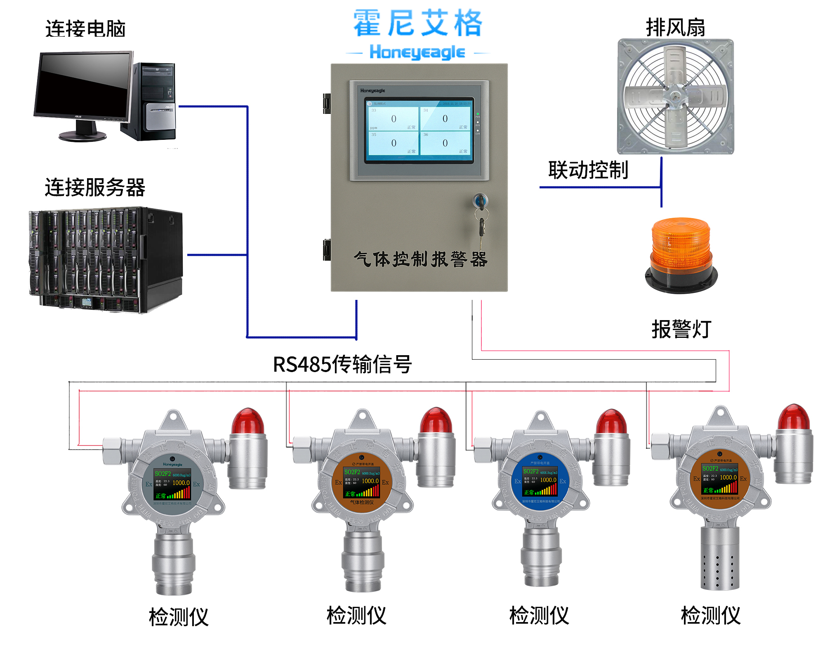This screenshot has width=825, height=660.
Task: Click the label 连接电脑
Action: pos(85,29)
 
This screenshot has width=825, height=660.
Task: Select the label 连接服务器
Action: pos(95,188)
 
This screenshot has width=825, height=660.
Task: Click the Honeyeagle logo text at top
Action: pos(417,52)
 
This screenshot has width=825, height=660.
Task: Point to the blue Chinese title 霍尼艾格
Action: pos(417,24)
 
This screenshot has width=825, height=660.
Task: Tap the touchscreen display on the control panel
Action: pos(419,130)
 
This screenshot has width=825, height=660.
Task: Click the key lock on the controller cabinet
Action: pos(480,202)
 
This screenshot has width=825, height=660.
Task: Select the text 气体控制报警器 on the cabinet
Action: pos(420,259)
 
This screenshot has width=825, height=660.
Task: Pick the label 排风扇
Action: pos(675,28)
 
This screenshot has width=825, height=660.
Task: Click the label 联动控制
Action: pos(588,170)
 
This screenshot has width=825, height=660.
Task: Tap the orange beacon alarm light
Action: pos(681,254)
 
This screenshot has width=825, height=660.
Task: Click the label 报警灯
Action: pos(681,329)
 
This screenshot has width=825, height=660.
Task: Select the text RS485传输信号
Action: pos(342,364)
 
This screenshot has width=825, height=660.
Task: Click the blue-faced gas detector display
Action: pos(540,481)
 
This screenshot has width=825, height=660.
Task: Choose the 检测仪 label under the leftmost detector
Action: pos(179,617)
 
